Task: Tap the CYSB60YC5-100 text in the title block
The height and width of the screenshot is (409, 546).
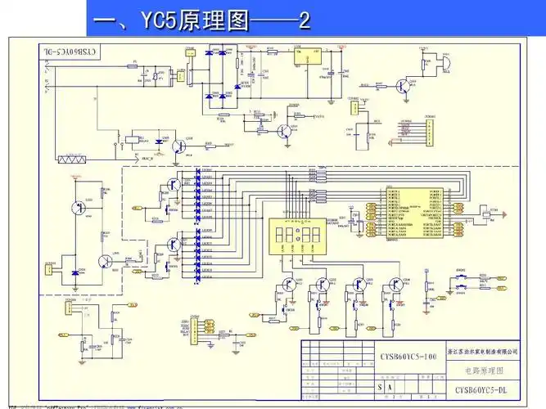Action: [x=408, y=357]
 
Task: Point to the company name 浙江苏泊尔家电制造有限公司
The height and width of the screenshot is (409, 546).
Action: [x=485, y=351]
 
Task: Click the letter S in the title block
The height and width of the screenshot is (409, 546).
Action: [x=379, y=386]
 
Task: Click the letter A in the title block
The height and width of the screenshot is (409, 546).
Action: [x=392, y=386]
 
